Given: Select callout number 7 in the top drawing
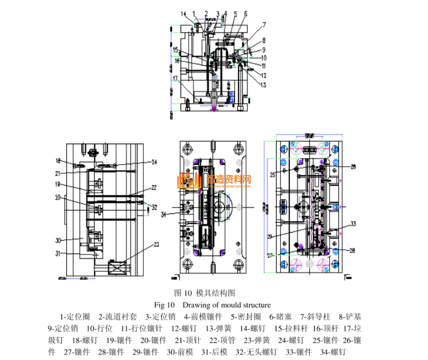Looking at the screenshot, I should click(x=263, y=25).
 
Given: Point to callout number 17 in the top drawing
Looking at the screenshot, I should click(x=175, y=79).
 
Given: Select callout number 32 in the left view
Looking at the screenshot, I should click(x=154, y=207).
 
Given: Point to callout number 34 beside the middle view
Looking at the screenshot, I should click(x=164, y=215).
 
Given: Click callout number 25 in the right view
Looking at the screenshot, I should click(x=273, y=174).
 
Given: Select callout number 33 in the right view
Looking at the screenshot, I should click(x=352, y=224).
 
